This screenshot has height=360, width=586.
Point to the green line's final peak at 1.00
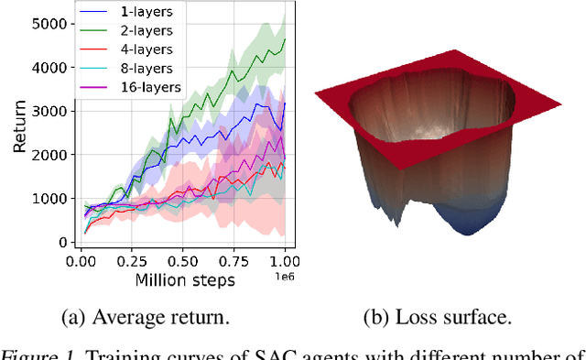point(285,38)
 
